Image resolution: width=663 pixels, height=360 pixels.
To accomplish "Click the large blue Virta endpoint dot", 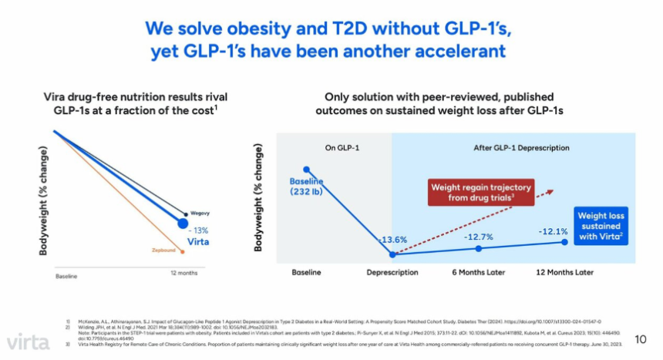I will pyautogui.click(x=183, y=224).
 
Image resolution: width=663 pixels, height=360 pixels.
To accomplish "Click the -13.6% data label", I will pyautogui.click(x=392, y=239).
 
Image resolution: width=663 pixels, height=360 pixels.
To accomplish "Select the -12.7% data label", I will pyautogui.click(x=478, y=237).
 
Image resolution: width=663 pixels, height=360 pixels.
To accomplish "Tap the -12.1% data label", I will pyautogui.click(x=554, y=231).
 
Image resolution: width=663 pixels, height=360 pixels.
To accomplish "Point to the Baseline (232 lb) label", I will pyautogui.click(x=306, y=187).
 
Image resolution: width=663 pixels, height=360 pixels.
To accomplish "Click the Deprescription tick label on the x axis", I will pyautogui.click(x=392, y=273).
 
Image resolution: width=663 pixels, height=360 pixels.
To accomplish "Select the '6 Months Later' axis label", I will pyautogui.click(x=478, y=273).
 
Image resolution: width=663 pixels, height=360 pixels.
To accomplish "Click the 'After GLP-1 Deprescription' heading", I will pyautogui.click(x=513, y=147).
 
